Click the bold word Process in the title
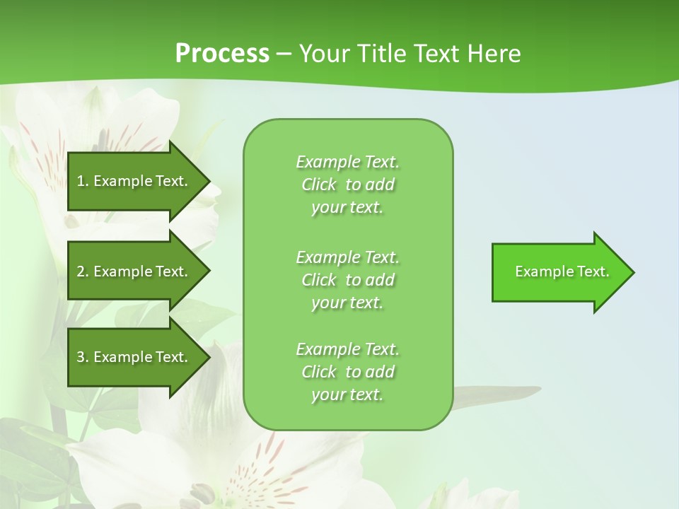(x=222, y=54)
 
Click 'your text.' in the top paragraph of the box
(x=347, y=208)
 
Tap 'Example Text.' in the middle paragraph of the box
(x=347, y=257)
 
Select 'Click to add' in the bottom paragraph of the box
(x=347, y=372)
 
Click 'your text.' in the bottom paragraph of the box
(x=347, y=395)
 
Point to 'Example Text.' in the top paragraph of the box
(x=347, y=162)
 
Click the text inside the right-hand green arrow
(x=562, y=271)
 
